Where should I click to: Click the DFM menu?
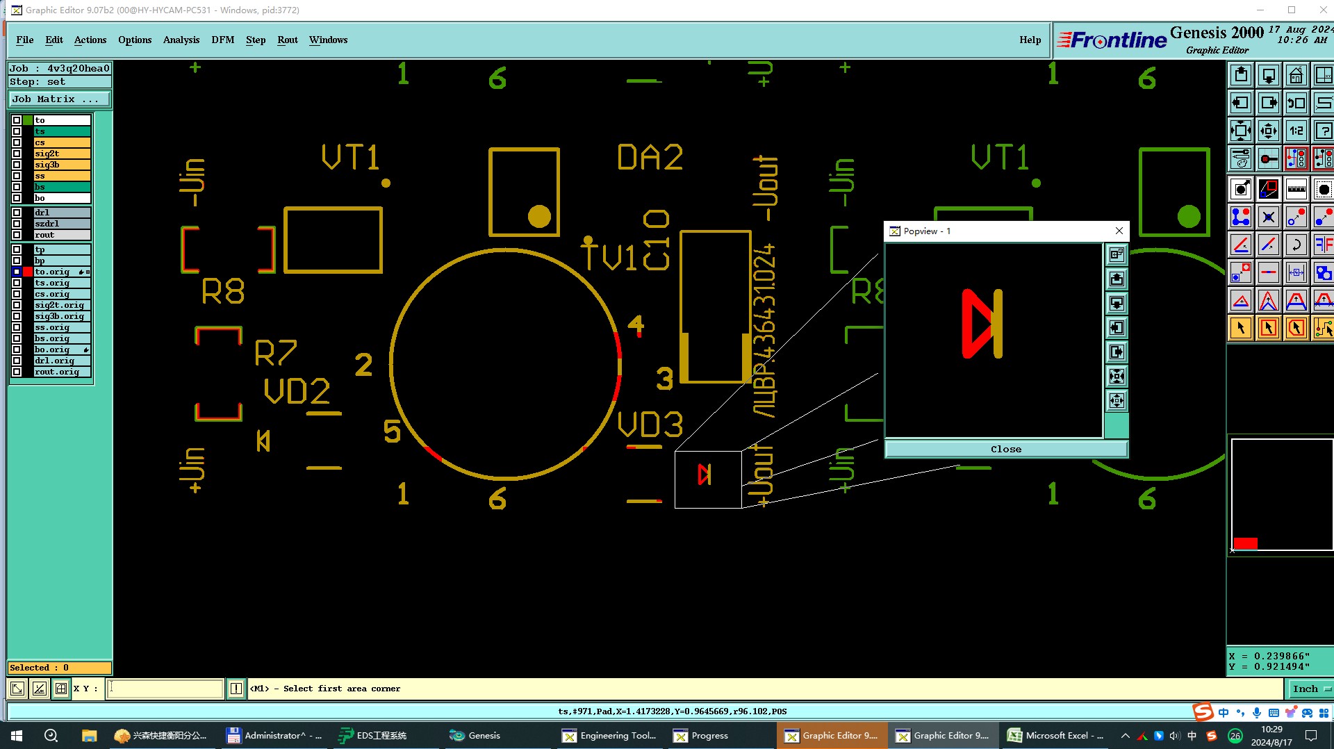tap(222, 40)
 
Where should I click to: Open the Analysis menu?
tap(181, 40)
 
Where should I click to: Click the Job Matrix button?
tap(59, 99)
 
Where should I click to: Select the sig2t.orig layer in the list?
tap(61, 305)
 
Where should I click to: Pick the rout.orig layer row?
tap(61, 372)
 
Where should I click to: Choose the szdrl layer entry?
tap(61, 224)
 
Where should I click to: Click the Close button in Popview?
tap(1005, 449)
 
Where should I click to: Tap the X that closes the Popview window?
tap(1119, 231)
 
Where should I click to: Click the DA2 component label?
tap(650, 158)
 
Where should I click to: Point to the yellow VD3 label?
tap(650, 425)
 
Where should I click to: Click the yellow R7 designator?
tap(276, 353)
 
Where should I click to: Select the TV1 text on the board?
tap(610, 256)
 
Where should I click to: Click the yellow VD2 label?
tap(297, 392)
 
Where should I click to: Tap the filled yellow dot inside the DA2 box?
tap(539, 216)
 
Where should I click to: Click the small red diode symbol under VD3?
tap(705, 475)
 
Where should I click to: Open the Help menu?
tap(1030, 40)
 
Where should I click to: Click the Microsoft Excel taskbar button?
tap(1056, 735)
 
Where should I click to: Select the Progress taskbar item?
tap(702, 735)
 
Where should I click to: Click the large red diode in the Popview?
tap(981, 324)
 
